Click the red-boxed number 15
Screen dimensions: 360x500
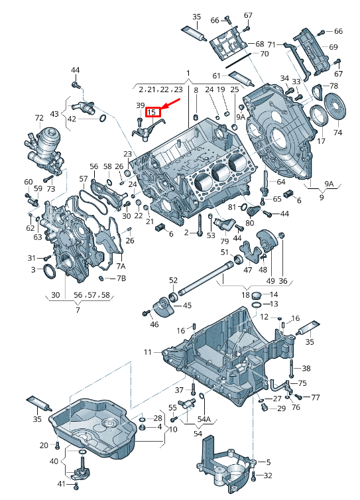(x=152, y=112)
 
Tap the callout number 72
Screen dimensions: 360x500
(x=39, y=118)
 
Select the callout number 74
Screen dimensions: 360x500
(x=337, y=133)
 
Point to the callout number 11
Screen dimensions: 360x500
(x=148, y=352)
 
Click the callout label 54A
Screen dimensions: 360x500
(x=204, y=419)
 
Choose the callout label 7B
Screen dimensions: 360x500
(x=121, y=279)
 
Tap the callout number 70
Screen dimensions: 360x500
(x=265, y=54)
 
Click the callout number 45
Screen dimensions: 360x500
(x=187, y=306)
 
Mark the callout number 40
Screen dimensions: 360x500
(x=54, y=461)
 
